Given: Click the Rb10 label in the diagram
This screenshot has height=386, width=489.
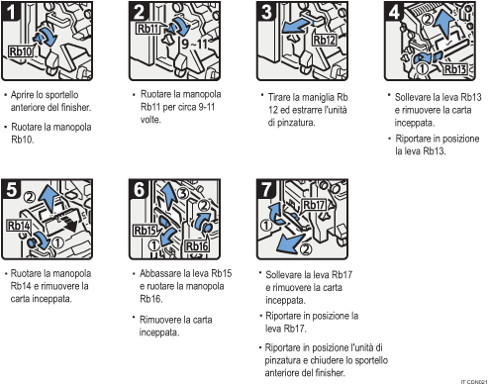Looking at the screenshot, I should click(21, 48).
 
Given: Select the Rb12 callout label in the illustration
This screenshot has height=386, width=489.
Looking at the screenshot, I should click(325, 41).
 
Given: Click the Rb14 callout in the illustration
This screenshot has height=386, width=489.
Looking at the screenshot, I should click(19, 226).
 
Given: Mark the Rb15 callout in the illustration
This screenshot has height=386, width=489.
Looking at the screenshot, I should click(146, 231).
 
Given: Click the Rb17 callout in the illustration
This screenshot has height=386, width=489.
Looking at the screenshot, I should click(314, 206).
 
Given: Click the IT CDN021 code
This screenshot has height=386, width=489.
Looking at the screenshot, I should click(472, 380).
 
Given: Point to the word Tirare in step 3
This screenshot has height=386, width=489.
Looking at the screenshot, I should click(280, 97).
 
